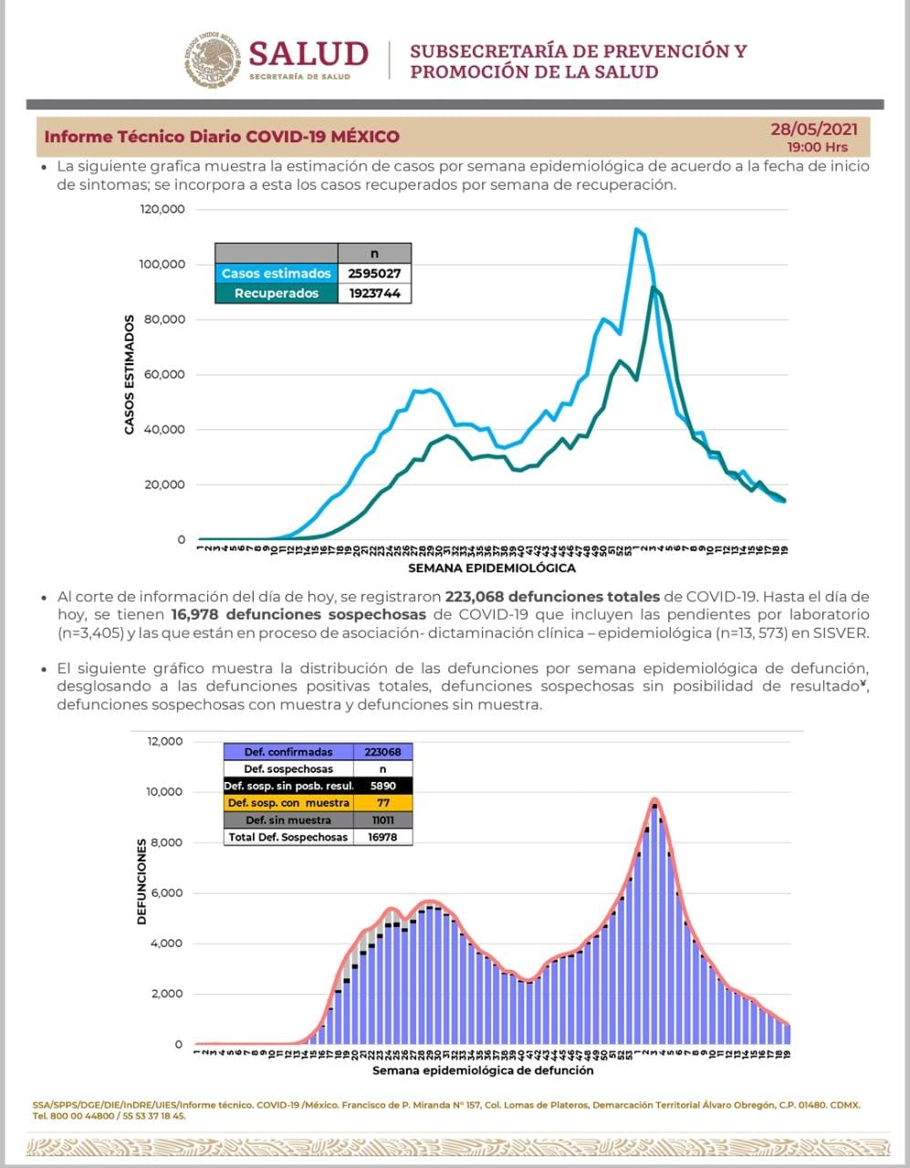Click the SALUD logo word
(x=308, y=54)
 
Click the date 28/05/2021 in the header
(x=813, y=130)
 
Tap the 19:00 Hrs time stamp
(x=817, y=147)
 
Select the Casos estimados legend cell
(x=276, y=274)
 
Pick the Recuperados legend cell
(x=276, y=293)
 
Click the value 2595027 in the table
(x=374, y=274)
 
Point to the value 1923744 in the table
(x=374, y=293)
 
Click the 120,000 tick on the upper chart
(x=163, y=209)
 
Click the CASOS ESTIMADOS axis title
(x=130, y=374)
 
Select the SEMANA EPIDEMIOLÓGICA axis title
(x=491, y=568)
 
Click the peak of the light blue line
(x=636, y=229)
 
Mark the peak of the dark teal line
(x=653, y=287)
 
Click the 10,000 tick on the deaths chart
(x=164, y=791)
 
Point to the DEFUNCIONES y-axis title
(x=142, y=883)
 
